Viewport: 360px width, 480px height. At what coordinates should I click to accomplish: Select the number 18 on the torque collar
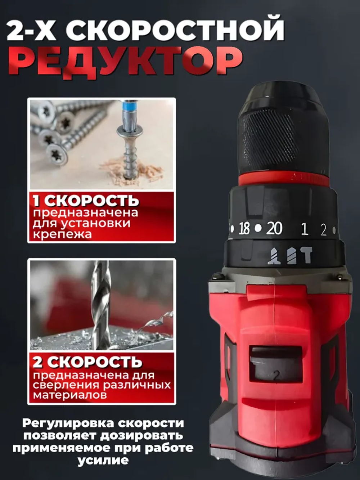(x=244, y=228)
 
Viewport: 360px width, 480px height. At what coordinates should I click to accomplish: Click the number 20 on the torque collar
(x=274, y=228)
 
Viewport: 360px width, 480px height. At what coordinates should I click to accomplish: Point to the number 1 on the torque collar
(x=305, y=229)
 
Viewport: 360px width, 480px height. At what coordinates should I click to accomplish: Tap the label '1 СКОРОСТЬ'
(x=86, y=200)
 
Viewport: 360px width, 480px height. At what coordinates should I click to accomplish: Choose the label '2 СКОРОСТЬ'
(x=87, y=362)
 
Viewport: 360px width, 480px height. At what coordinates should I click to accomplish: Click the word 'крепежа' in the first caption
(x=62, y=234)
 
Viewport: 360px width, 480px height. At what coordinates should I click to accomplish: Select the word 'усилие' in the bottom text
(x=103, y=460)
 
